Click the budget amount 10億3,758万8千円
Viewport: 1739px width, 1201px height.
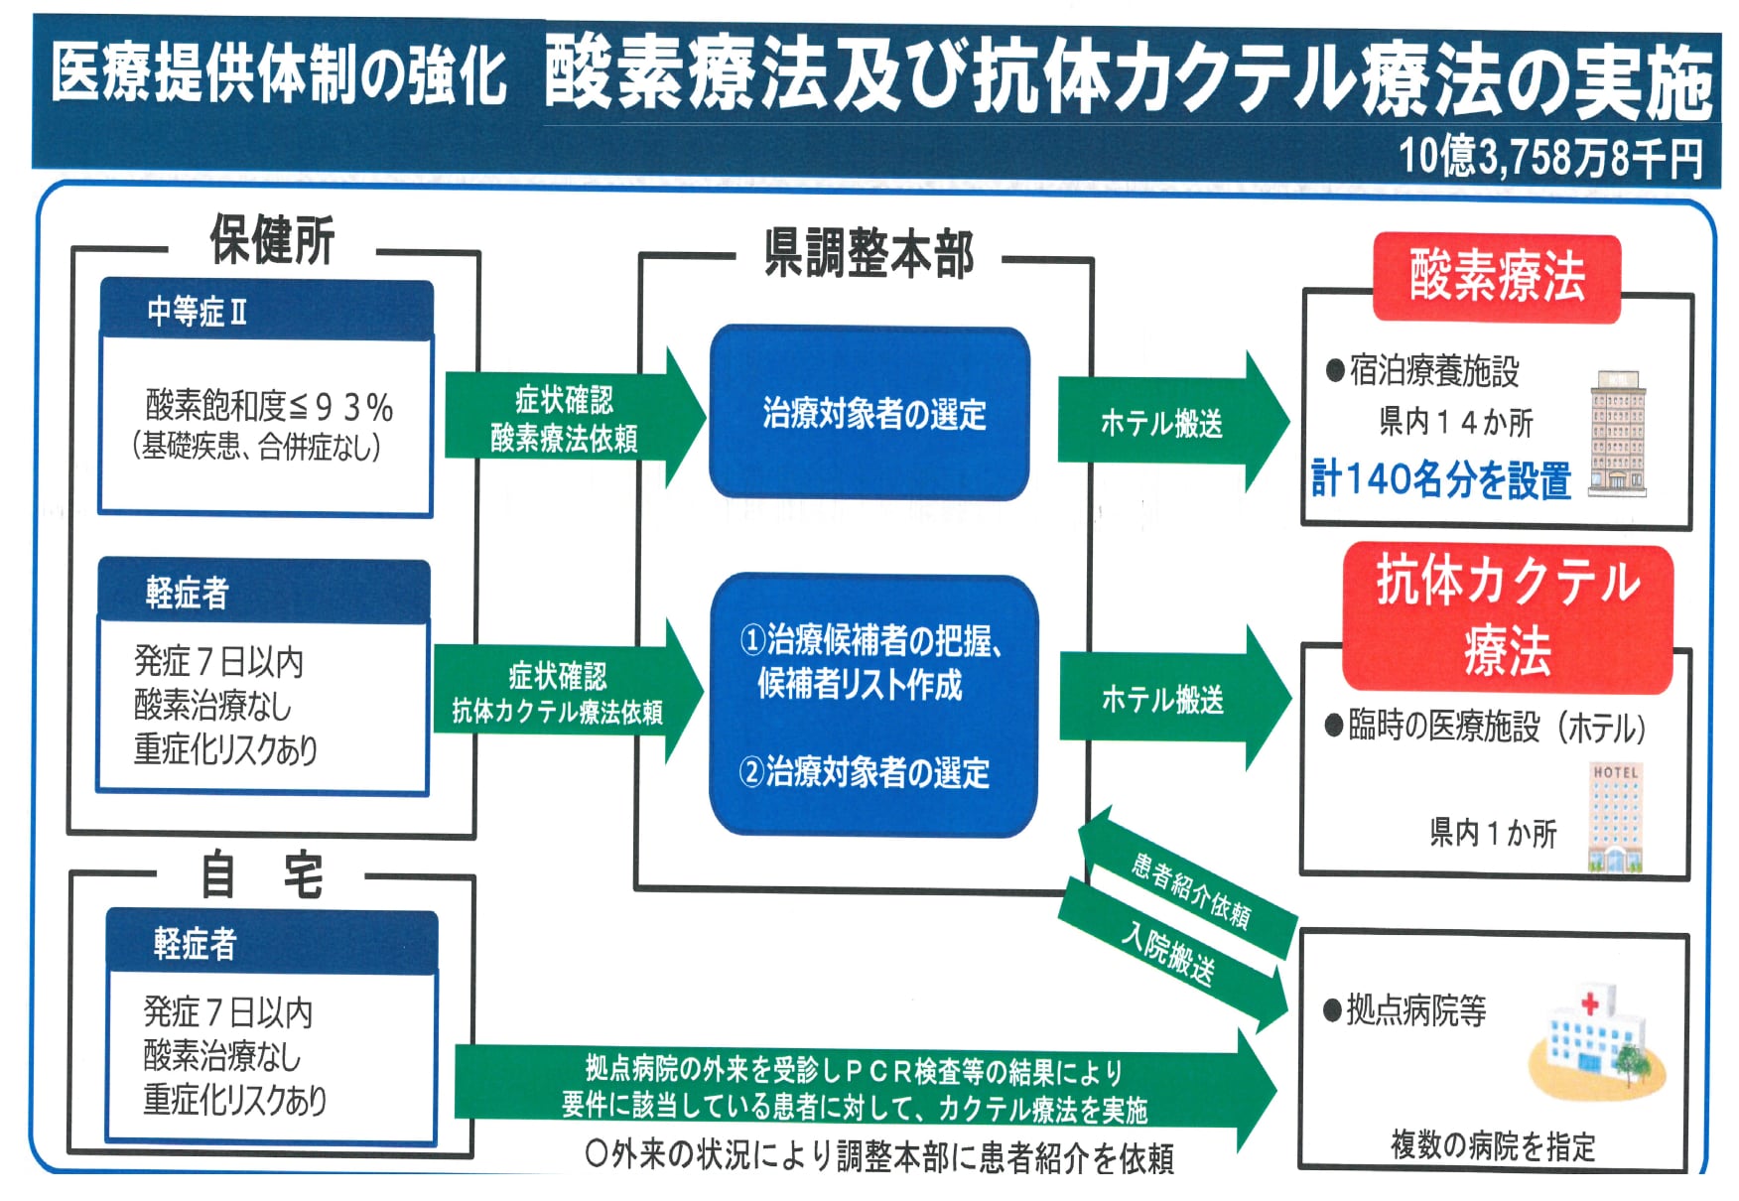pyautogui.click(x=1550, y=157)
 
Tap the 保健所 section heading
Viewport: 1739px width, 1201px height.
pyautogui.click(x=271, y=241)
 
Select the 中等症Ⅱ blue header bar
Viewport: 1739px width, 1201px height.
pyautogui.click(x=266, y=311)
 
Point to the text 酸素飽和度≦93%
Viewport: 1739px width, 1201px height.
pyautogui.click(x=269, y=406)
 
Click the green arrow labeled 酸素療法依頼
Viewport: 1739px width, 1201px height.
pyautogui.click(x=565, y=419)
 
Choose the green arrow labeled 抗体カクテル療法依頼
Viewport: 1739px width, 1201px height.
pyautogui.click(x=558, y=694)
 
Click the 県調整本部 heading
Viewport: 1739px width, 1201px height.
pyautogui.click(x=869, y=254)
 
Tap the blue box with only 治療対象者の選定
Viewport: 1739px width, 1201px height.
pyautogui.click(x=870, y=413)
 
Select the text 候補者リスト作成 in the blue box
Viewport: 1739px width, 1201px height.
pyautogui.click(x=860, y=684)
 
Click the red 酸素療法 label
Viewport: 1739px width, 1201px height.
pyautogui.click(x=1497, y=277)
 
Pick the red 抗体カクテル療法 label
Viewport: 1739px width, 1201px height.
pyautogui.click(x=1507, y=615)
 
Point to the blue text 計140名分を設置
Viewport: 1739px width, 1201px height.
pyautogui.click(x=1441, y=479)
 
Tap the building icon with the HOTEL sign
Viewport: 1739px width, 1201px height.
pyautogui.click(x=1615, y=818)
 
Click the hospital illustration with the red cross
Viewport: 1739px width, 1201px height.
pyautogui.click(x=1594, y=1041)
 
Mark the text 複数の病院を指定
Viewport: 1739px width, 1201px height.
pyautogui.click(x=1493, y=1146)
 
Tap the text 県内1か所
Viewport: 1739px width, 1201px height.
pyautogui.click(x=1493, y=832)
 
